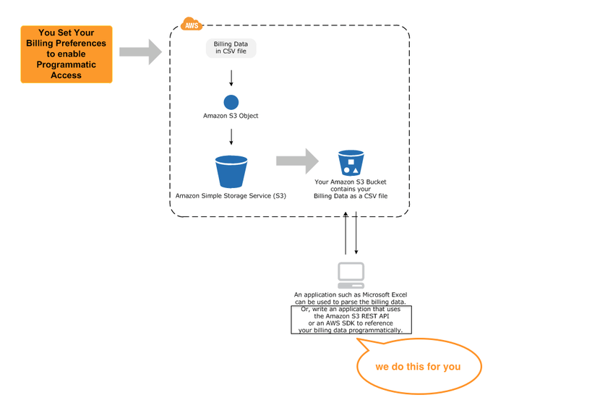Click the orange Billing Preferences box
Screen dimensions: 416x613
pos(67,54)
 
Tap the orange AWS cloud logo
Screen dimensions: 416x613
pos(191,25)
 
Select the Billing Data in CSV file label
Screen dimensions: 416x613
pos(231,48)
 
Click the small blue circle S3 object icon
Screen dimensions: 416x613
pos(231,103)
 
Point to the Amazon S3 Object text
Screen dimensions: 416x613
pos(231,116)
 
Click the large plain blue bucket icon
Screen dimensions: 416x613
pos(231,171)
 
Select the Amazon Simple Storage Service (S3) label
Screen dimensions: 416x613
pos(231,196)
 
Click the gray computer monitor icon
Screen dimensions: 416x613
pos(351,275)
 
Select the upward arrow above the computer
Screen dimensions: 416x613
pos(346,233)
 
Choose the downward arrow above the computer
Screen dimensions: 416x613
pos(356,233)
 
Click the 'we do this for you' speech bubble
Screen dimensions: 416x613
pos(418,367)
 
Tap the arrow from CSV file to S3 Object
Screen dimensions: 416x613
pos(231,77)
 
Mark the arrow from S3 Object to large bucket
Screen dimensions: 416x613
pos(231,136)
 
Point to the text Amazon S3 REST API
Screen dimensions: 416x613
pos(352,316)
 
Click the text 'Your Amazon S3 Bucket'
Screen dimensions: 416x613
pos(351,182)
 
